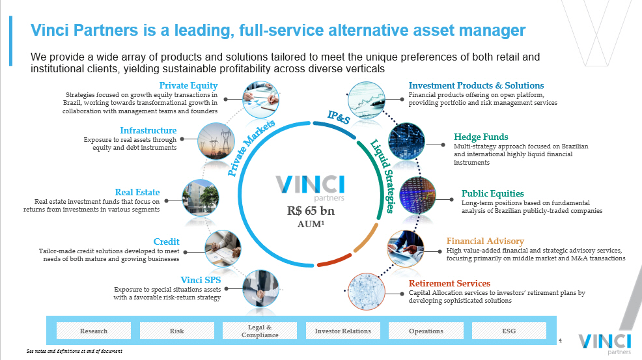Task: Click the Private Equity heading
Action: coord(188,85)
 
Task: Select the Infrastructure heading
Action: coord(148,131)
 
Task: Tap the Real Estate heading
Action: coord(137,192)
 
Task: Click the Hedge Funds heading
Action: coord(481,137)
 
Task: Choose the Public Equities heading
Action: coord(492,193)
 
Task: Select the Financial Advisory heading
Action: coord(485,242)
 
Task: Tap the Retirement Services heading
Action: coord(449,283)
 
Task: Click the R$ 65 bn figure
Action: coord(310,211)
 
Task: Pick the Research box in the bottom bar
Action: coord(94,331)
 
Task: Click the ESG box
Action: coord(509,331)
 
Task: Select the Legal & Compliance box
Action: coord(260,331)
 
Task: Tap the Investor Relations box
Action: coord(342,331)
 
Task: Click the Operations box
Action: coord(426,331)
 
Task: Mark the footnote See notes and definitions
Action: coord(74,352)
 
